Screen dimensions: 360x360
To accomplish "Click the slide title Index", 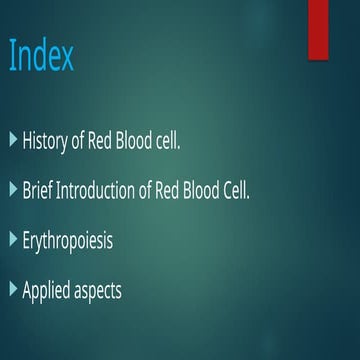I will [x=41, y=57].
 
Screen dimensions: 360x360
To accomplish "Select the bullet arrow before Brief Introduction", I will [x=13, y=189].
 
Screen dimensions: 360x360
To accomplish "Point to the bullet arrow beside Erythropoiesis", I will [x=13, y=239].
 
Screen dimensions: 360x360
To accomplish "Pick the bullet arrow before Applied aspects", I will [x=13, y=289].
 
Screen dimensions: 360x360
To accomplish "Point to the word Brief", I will [x=38, y=190].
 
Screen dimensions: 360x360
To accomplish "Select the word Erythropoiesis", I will [x=71, y=241].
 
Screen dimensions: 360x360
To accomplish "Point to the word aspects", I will [x=115, y=291].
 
